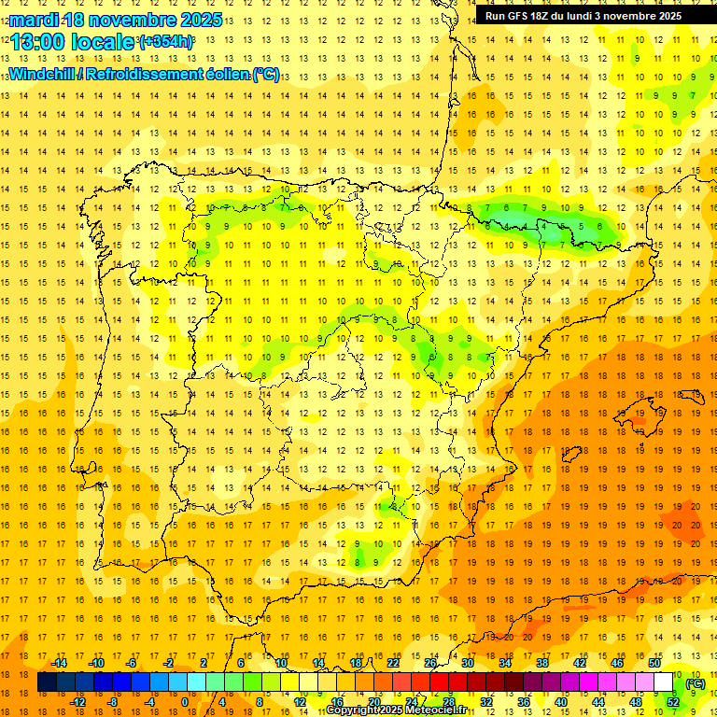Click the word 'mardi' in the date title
(33, 20)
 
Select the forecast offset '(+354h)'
(166, 42)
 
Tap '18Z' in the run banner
(547, 16)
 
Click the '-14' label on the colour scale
(59, 663)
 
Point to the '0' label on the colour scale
(184, 702)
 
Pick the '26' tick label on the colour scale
(430, 663)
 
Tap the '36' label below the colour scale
(524, 702)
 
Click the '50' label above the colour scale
(654, 663)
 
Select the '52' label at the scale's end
(673, 702)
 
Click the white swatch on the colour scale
(664, 682)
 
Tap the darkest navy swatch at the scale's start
(47, 682)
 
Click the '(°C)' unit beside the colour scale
(695, 683)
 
